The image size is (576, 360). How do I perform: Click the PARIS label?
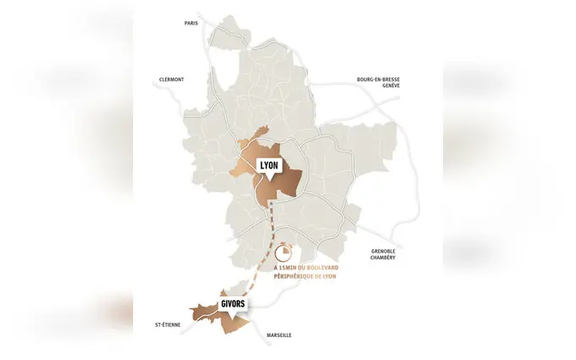click(191, 23)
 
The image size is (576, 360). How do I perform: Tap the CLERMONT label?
click(171, 80)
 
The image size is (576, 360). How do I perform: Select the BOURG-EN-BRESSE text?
click(378, 80)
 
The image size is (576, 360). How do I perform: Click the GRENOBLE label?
click(383, 251)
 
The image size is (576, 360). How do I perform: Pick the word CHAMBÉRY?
click(383, 258)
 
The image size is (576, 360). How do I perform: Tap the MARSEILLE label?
click(279, 335)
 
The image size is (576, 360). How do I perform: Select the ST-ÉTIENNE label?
click(167, 324)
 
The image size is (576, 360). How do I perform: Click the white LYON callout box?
click(268, 164)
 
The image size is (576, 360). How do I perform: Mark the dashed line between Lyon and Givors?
click(265, 254)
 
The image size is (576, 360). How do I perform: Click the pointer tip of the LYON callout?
click(267, 179)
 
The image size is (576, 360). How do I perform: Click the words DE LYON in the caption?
click(326, 276)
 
